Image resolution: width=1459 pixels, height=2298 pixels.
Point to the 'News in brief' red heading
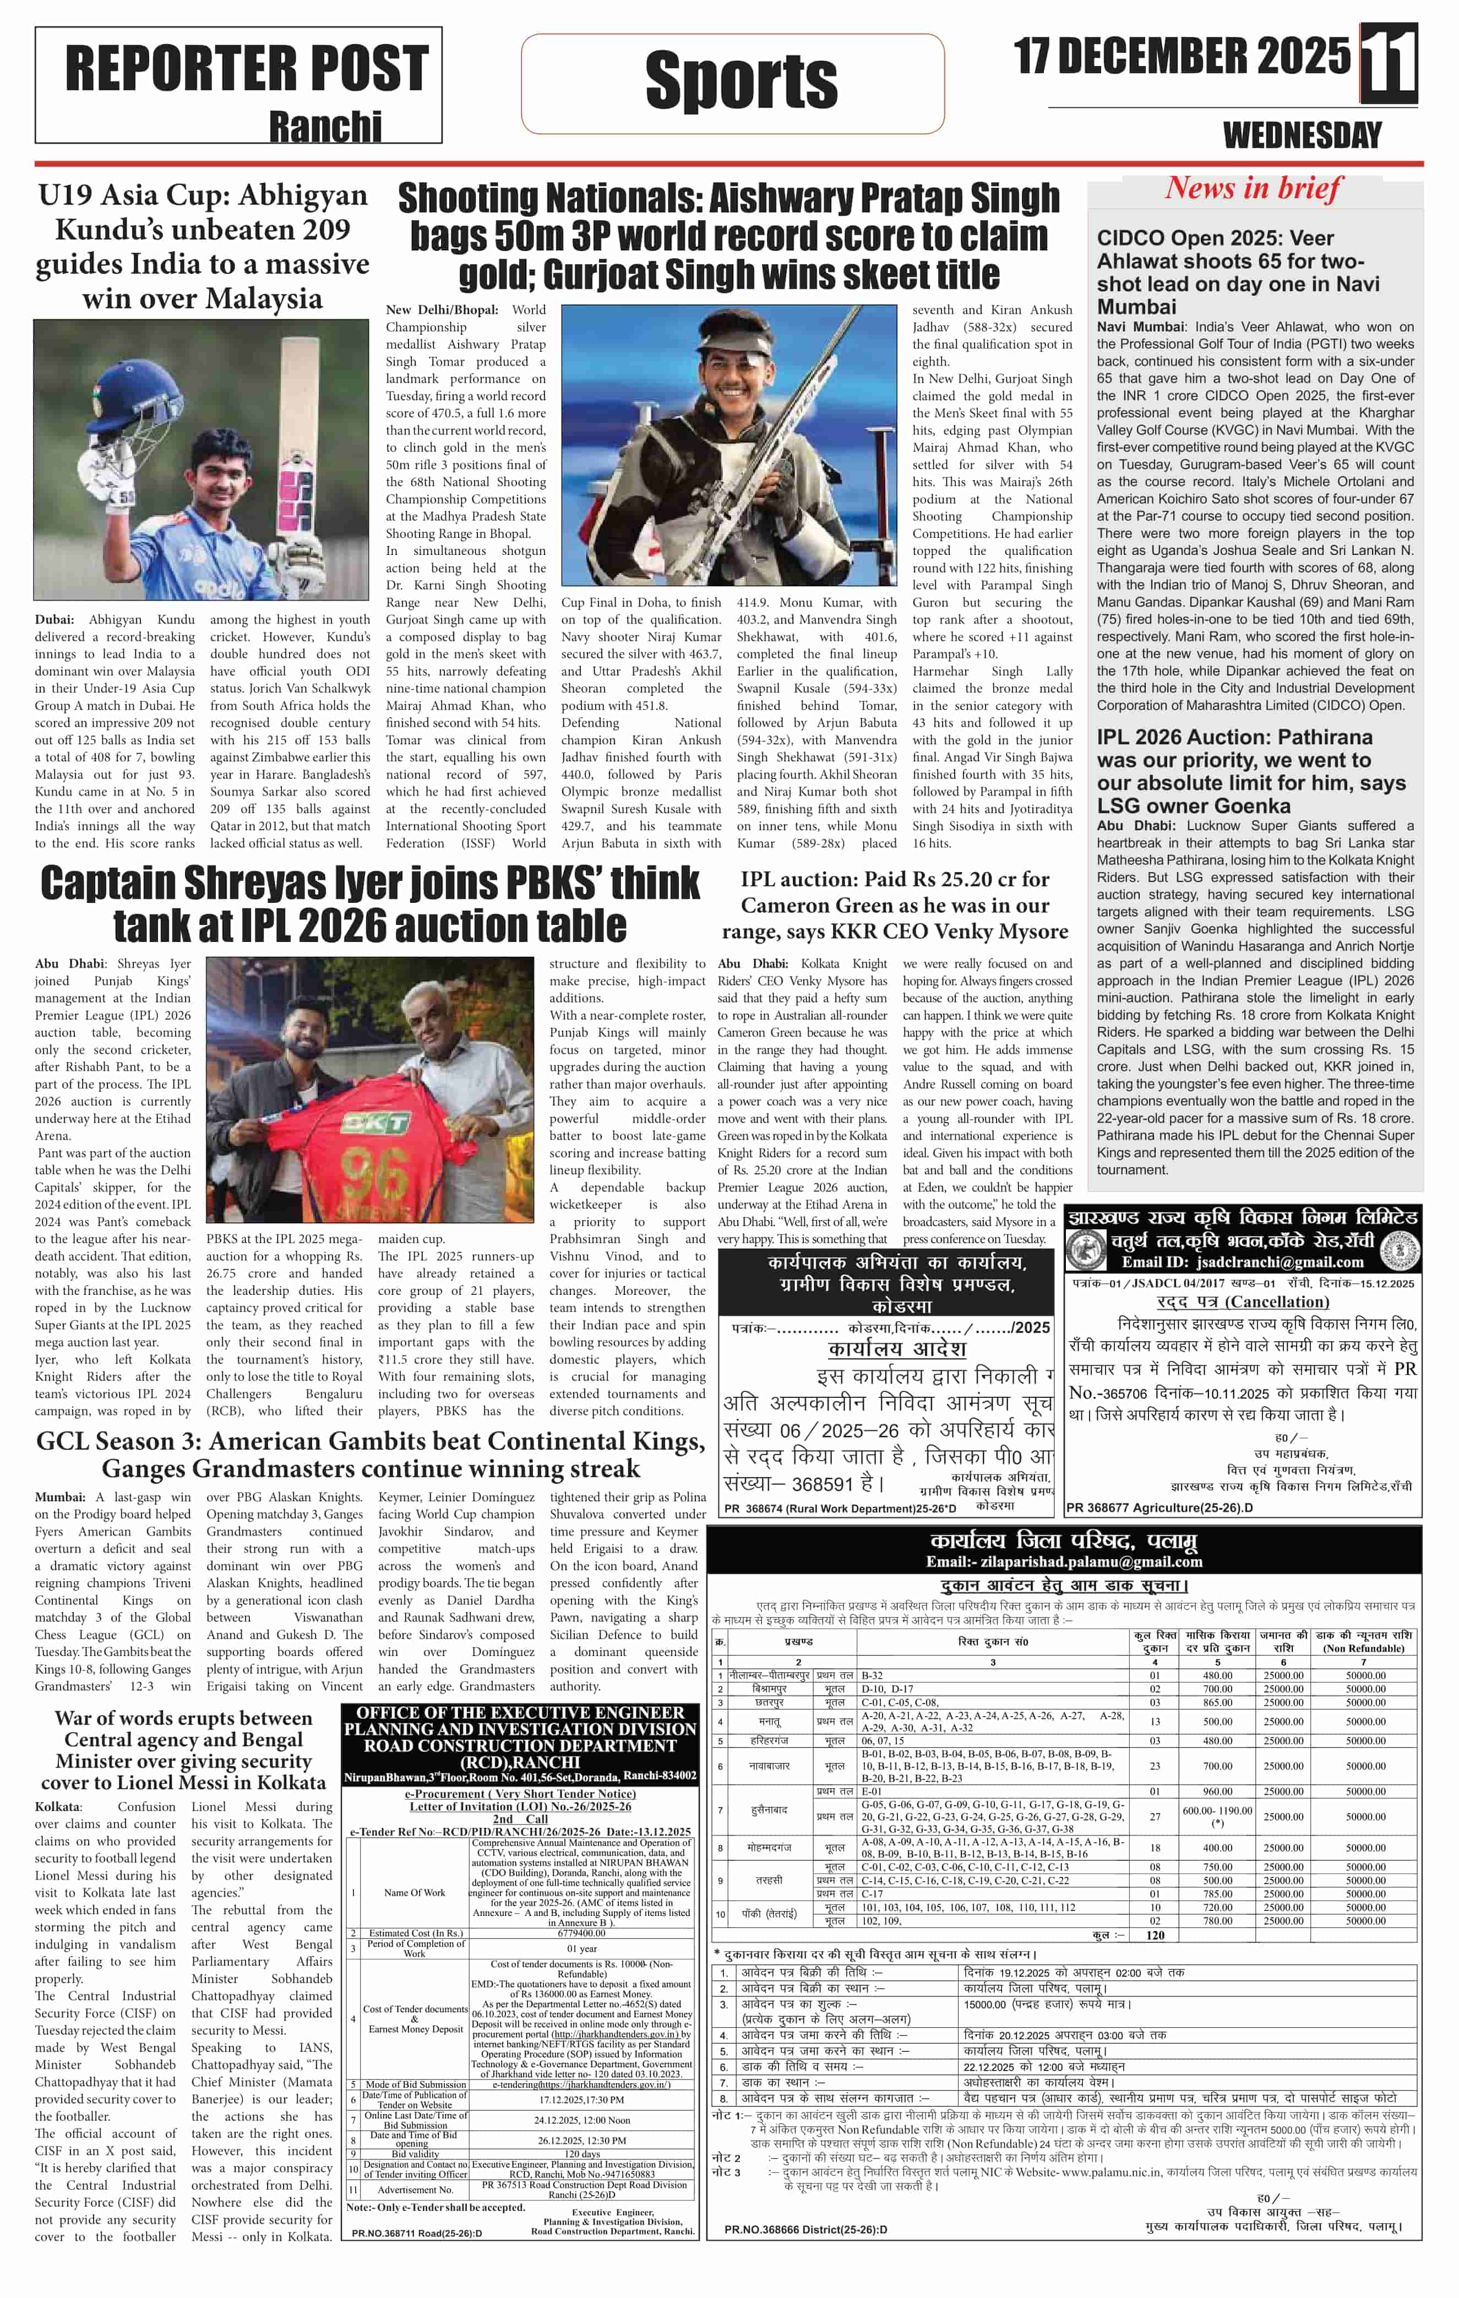1253,188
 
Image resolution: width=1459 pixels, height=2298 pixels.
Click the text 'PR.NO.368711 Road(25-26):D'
416,2233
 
